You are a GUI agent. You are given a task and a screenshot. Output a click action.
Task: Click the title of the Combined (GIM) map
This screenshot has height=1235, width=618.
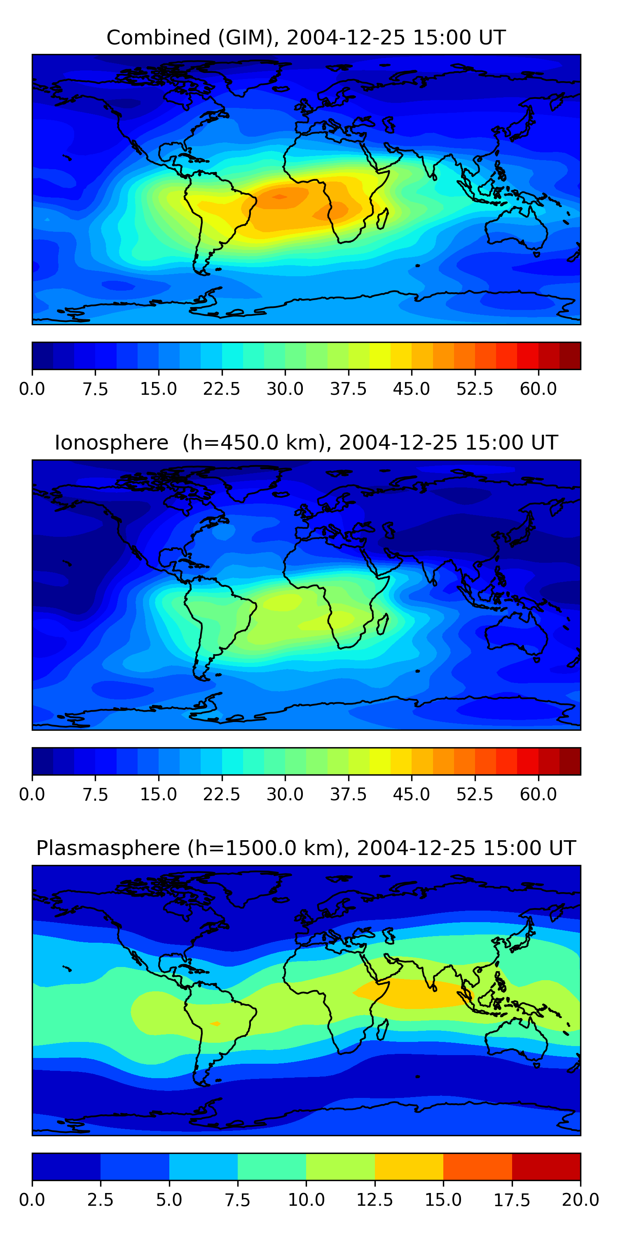(x=306, y=37)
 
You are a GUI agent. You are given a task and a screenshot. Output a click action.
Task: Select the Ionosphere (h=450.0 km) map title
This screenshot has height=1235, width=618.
(x=306, y=443)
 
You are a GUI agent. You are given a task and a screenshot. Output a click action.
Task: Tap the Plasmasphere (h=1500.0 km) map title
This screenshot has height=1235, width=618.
(x=306, y=848)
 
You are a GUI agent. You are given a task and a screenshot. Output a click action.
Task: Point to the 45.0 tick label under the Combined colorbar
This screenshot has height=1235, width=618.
(x=411, y=389)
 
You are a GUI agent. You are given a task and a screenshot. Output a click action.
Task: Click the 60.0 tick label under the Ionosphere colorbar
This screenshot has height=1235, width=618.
(x=538, y=795)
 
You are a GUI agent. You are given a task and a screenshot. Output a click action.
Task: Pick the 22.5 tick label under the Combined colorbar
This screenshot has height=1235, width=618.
(x=221, y=389)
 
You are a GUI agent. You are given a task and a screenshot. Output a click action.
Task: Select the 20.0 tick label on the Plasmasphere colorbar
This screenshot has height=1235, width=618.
(x=580, y=1200)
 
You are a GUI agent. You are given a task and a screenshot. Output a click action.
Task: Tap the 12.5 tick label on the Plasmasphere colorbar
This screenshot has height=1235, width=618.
(x=374, y=1200)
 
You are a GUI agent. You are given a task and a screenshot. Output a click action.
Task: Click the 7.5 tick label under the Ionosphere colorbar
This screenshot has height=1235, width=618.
(x=95, y=795)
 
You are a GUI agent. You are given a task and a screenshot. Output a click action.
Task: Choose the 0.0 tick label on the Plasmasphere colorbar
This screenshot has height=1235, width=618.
(x=32, y=1200)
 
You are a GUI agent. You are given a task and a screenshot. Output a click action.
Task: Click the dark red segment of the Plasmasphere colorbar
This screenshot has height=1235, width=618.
(x=546, y=1166)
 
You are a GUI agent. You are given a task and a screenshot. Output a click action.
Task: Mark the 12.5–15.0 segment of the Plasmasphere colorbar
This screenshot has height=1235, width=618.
(x=409, y=1166)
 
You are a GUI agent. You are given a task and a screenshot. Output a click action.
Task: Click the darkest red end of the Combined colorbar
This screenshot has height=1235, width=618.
(x=570, y=356)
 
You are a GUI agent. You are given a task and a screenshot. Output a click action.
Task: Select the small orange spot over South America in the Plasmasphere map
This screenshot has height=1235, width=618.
(x=215, y=1023)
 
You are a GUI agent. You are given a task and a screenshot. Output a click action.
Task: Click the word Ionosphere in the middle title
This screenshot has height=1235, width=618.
(x=111, y=443)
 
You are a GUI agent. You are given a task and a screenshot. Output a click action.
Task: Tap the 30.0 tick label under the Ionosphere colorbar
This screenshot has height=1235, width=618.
(x=285, y=795)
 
